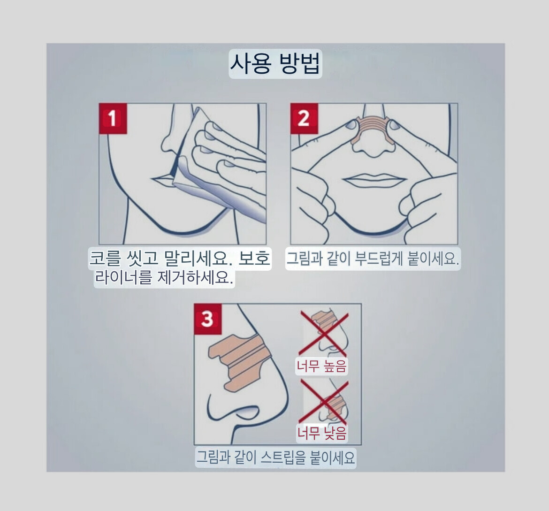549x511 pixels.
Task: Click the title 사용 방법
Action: point(275,64)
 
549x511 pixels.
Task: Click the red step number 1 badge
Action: point(113,118)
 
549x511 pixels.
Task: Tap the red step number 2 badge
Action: point(304,118)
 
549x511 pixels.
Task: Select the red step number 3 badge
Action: point(207,319)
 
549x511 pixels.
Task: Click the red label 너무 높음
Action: point(321,366)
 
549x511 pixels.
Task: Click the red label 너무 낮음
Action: point(322,433)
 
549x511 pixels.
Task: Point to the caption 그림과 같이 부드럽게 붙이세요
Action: point(373,259)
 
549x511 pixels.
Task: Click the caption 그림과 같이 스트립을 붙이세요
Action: point(275,458)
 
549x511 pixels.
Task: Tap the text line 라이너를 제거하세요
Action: point(164,278)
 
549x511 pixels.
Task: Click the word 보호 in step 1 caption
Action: point(254,259)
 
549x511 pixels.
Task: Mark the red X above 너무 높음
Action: point(323,334)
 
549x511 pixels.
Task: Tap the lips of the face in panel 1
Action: point(163,180)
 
